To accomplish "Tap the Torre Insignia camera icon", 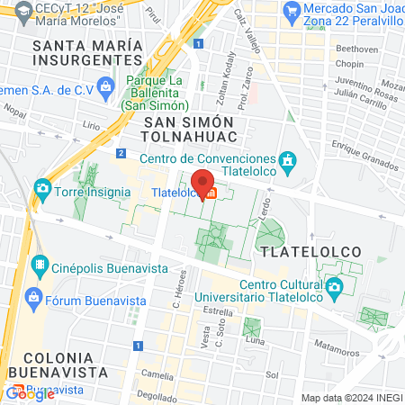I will [x=41, y=189].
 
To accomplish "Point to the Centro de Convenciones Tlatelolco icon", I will [x=287, y=163].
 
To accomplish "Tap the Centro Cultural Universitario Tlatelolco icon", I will [x=335, y=289].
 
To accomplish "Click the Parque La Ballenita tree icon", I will [x=107, y=85].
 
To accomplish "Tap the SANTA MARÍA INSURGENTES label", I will [x=86, y=52].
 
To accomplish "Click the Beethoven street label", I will [x=345, y=48].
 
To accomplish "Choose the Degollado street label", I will [x=157, y=395].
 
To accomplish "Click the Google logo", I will [x=31, y=393].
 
